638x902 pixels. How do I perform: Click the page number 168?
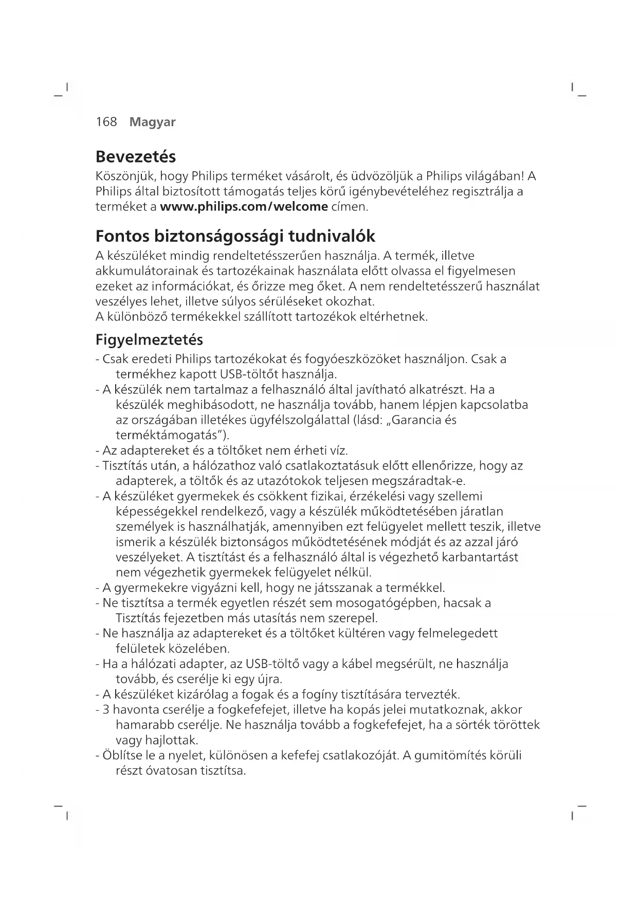tap(106, 122)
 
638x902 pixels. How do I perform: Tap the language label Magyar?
tap(153, 122)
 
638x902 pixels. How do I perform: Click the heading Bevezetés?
tap(136, 156)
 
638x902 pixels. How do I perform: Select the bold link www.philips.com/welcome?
tap(244, 207)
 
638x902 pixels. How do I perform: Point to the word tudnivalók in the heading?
tap(332, 237)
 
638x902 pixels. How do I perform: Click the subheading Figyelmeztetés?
tap(149, 340)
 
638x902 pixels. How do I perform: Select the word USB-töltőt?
tap(250, 373)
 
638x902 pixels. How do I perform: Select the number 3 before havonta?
tap(106, 710)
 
